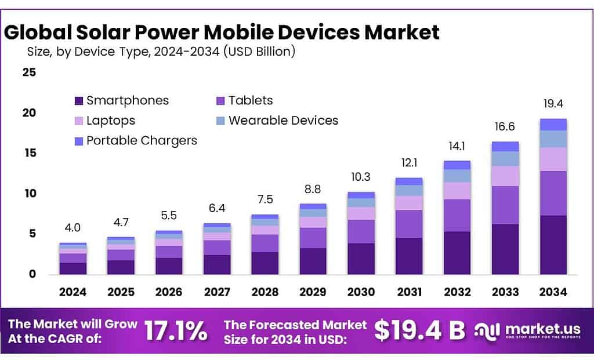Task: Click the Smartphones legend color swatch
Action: pyautogui.click(x=79, y=101)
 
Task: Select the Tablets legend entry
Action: pyautogui.click(x=250, y=100)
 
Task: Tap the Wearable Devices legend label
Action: pyautogui.click(x=283, y=121)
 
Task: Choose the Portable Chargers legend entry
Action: pyautogui.click(x=142, y=140)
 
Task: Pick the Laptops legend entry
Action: pyautogui.click(x=110, y=121)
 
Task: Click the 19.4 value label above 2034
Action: pyautogui.click(x=553, y=104)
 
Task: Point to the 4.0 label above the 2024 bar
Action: pyautogui.click(x=73, y=227)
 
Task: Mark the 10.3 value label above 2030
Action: pyautogui.click(x=361, y=177)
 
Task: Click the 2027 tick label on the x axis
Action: pyautogui.click(x=217, y=292)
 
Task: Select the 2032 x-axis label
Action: pyautogui.click(x=457, y=292)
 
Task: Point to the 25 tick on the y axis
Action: pyautogui.click(x=30, y=72)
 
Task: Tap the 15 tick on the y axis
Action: pyautogui.click(x=30, y=153)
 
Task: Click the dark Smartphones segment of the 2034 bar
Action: pyautogui.click(x=553, y=245)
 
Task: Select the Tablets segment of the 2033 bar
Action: pyautogui.click(x=505, y=205)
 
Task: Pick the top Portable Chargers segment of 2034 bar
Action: pyautogui.click(x=553, y=124)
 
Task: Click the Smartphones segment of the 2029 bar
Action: pyautogui.click(x=313, y=261)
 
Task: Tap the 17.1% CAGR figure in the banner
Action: pyautogui.click(x=175, y=330)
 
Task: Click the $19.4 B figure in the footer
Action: pyautogui.click(x=419, y=330)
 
